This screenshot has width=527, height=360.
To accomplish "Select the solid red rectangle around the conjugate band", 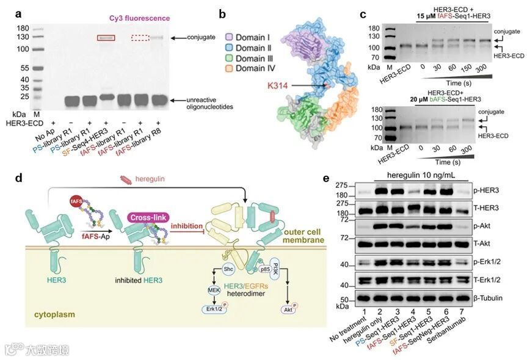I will pyautogui.click(x=106, y=38).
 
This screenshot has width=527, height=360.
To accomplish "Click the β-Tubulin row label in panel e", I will pyautogui.click(x=502, y=300).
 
